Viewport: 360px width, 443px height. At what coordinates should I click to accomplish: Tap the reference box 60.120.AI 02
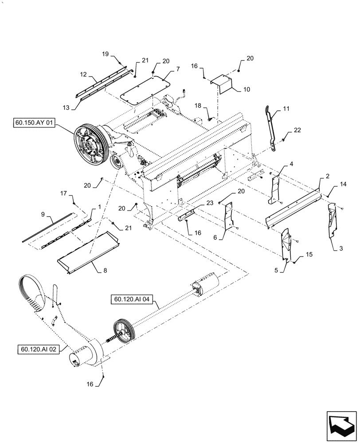(x=38, y=349)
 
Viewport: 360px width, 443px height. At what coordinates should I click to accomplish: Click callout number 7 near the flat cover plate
(x=177, y=70)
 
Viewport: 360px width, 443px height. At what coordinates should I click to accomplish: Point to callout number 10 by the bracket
(x=247, y=89)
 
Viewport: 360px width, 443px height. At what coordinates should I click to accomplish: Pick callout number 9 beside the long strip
(x=43, y=214)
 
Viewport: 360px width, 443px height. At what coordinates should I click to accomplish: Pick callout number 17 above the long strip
(x=64, y=193)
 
